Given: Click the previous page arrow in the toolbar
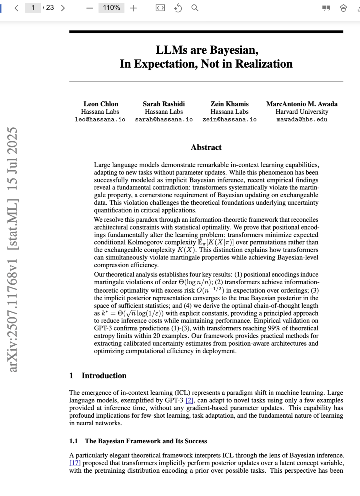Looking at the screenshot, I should tap(16, 8).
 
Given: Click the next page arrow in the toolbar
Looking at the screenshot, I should tap(63, 8).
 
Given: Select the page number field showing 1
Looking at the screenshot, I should tap(33, 8).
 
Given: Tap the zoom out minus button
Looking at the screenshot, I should tap(90, 8).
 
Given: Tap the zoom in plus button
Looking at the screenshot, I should tap(133, 8).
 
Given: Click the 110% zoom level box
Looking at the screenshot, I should tap(111, 8).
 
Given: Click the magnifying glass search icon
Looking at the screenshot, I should tap(195, 8).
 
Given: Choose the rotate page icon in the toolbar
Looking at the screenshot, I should tap(178, 8).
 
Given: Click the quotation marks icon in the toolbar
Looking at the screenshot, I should tap(326, 8).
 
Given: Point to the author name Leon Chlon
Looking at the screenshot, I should tap(101, 104).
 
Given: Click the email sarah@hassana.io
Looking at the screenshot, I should tap(164, 119).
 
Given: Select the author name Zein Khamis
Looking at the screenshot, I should tap(229, 104).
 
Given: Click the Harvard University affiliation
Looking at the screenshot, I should tap(302, 112).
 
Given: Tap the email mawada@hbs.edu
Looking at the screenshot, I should tap(302, 119).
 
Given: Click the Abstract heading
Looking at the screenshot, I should tap(206, 147).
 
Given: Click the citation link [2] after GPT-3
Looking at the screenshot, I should tap(189, 400).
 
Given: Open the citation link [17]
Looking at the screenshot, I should tap(75, 463).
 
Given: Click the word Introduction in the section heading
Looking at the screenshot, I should tap(104, 376).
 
